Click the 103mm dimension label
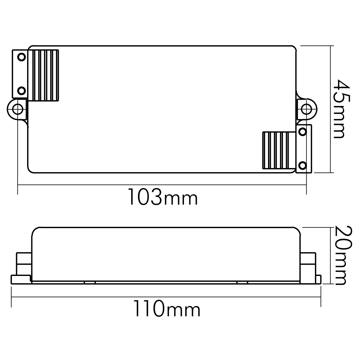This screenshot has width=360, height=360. (x=163, y=197)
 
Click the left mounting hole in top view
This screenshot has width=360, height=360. (x=17, y=109)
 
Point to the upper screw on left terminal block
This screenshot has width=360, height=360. (x=22, y=57)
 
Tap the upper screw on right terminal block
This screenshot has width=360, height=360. (x=303, y=132)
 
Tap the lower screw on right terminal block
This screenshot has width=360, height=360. (x=303, y=165)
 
